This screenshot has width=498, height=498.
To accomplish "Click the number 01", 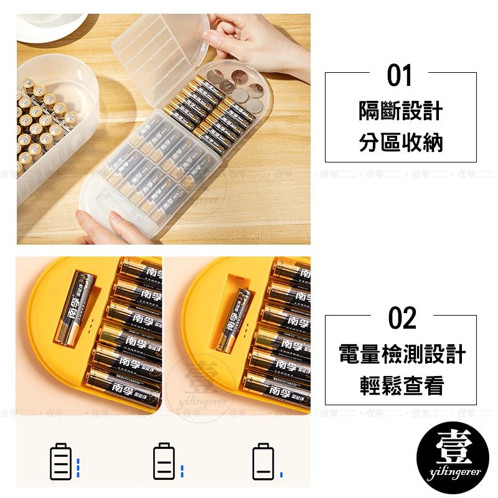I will click(x=400, y=76).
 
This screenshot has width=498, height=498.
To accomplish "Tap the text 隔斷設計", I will click(x=401, y=112).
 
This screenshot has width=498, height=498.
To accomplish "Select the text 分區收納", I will click(x=401, y=143).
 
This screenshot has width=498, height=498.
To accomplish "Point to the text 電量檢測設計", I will click(x=402, y=355).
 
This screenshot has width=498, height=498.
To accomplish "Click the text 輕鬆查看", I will click(x=402, y=386).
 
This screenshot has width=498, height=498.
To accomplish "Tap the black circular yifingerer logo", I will click(x=453, y=461).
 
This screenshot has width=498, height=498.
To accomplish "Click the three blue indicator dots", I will click(x=78, y=467).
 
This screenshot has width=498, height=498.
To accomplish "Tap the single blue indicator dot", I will click(x=281, y=474).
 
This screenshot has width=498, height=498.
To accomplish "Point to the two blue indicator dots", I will click(x=181, y=471).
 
